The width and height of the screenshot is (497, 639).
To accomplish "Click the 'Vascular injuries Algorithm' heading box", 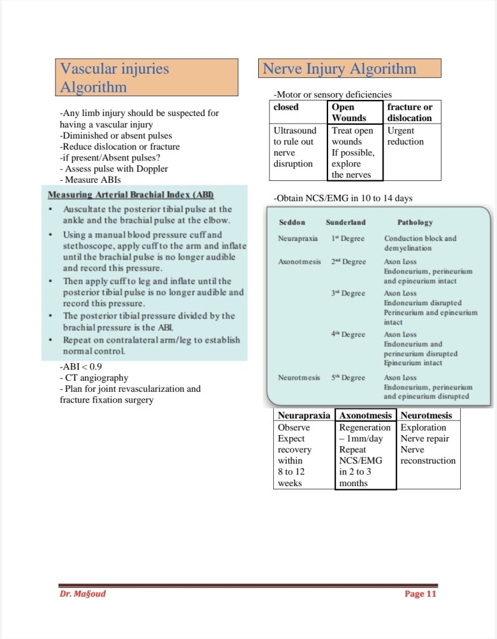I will pos(148,77).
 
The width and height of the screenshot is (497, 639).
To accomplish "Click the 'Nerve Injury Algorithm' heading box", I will pos(349,68).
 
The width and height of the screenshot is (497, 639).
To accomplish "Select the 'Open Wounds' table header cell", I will pos(354,112).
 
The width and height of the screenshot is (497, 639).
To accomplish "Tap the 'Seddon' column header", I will pos(292,222).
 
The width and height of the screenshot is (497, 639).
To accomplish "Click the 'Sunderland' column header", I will pos(345,222).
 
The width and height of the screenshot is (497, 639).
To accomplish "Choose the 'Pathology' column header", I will pos(415,222).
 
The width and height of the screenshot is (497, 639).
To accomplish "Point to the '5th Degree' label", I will pos(348,378).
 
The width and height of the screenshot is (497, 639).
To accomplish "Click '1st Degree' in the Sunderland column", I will pos(348,238).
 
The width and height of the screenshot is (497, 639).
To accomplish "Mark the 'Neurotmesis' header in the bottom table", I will pos(427,415).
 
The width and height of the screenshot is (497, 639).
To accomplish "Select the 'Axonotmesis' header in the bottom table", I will pos(365,415).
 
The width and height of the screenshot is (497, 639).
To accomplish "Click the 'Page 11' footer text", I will pos(420,593).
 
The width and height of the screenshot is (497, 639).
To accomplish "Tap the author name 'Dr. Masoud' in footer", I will pos(79,593).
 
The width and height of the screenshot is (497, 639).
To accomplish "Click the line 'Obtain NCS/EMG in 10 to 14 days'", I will pos(343,198).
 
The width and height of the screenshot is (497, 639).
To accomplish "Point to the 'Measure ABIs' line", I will pos(90,180).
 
